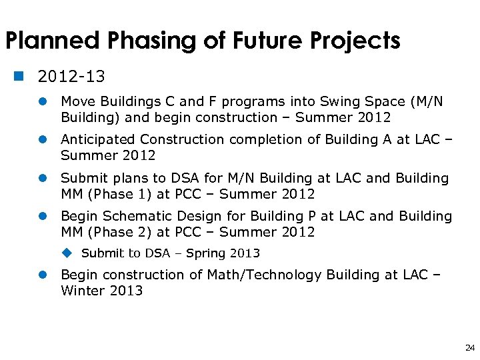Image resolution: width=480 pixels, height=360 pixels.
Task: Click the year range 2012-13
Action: click(71, 77)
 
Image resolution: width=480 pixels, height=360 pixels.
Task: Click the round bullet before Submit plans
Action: click(42, 178)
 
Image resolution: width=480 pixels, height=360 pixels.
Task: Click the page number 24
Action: click(469, 347)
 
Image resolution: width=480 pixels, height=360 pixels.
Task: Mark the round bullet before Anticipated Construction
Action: click(42, 139)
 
